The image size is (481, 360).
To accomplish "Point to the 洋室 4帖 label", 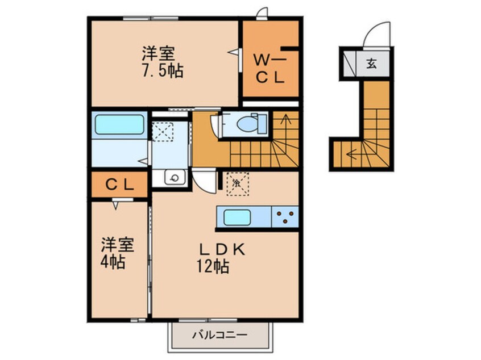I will tap(118, 254).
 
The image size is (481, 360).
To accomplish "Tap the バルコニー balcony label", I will tap(219, 335).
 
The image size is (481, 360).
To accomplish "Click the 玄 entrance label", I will tap(371, 64).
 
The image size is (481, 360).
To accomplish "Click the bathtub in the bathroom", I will tap(119, 124).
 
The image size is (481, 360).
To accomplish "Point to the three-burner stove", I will tap(284, 216).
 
